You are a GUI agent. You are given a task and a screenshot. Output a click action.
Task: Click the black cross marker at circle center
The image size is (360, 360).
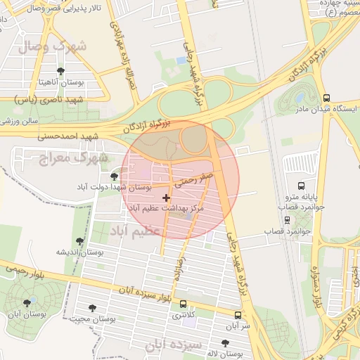point(166,198)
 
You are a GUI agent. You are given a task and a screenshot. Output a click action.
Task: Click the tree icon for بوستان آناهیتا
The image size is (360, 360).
point(61,71)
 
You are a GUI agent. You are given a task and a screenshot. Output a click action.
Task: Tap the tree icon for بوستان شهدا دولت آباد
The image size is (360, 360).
point(115,176)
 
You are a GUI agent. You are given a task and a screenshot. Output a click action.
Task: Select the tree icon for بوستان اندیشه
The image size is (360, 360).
point(79,240)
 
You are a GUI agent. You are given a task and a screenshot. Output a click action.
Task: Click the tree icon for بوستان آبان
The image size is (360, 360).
point(27,303)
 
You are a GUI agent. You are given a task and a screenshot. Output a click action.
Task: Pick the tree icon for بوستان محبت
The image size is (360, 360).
point(92,307)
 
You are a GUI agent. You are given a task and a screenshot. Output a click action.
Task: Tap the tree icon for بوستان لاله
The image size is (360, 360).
point(224,343)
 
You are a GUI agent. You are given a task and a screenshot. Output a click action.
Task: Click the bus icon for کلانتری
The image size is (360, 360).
point(184,304)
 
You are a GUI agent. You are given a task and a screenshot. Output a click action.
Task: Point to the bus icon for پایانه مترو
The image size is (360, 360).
point(301,186)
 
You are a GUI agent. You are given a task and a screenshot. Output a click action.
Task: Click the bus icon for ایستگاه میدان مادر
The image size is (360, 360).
point(326,98)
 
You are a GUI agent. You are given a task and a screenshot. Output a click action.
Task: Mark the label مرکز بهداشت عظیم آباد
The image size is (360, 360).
point(165,209)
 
